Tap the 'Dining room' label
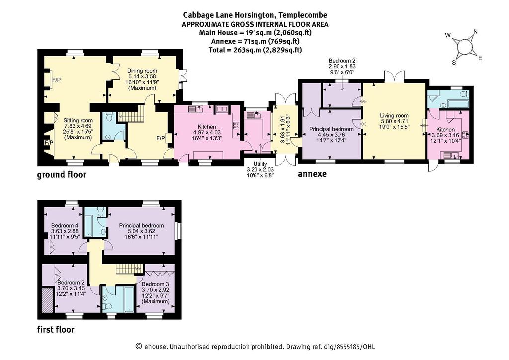[x=142, y=71]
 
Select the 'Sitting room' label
[x=78, y=120]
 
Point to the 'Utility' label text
[x=260, y=164]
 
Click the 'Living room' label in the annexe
[x=394, y=115]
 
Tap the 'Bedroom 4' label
[x=65, y=225]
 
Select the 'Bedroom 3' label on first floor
[x=155, y=284]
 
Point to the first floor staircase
[x=129, y=269]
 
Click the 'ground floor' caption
[x=61, y=175]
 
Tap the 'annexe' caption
[x=312, y=174]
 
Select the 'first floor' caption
[x=56, y=330]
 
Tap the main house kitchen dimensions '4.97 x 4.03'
[x=207, y=132]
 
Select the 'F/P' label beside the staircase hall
[x=161, y=138]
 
